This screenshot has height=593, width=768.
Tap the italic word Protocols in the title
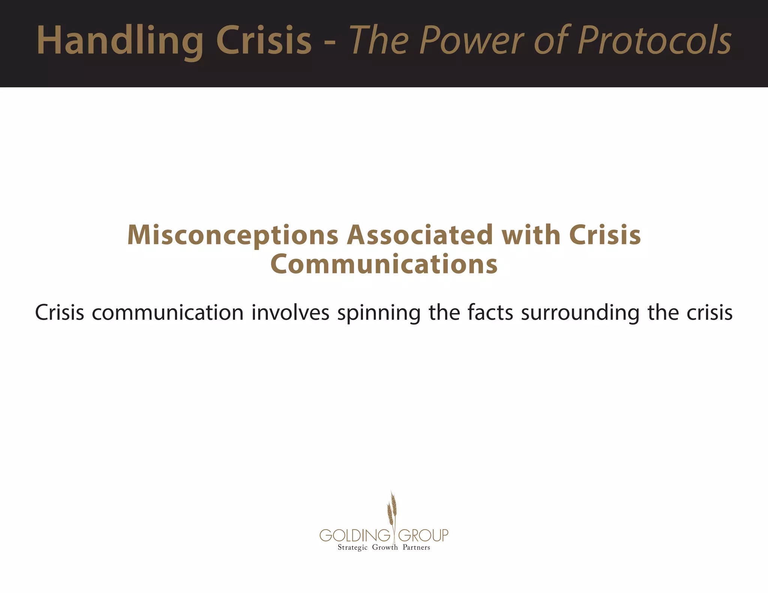pyautogui.click(x=654, y=40)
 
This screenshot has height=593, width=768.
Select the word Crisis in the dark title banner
pyautogui.click(x=264, y=40)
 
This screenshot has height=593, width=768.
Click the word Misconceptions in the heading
pyautogui.click(x=233, y=235)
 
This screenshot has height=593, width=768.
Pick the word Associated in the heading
pyautogui.click(x=420, y=235)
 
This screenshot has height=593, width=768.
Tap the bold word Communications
pyautogui.click(x=384, y=264)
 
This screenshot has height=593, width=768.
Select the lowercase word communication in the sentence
pyautogui.click(x=168, y=313)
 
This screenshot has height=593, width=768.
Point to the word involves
pyautogui.click(x=290, y=313)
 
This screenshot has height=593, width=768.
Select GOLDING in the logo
pyautogui.click(x=355, y=535)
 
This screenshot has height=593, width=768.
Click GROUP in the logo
pyautogui.click(x=423, y=535)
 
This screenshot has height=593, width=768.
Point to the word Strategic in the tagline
pyautogui.click(x=352, y=548)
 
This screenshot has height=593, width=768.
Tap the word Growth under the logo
pyautogui.click(x=385, y=548)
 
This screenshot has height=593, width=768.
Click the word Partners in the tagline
pyautogui.click(x=416, y=548)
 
